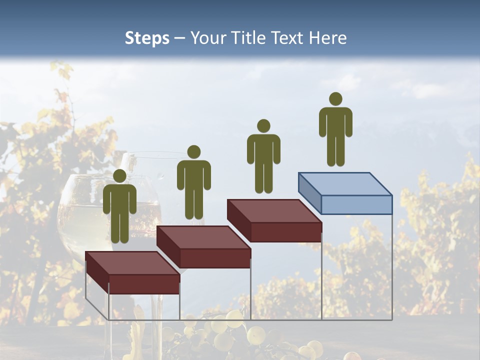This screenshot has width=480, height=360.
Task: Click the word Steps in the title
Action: point(147,38)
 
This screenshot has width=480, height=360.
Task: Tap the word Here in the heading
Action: point(326,38)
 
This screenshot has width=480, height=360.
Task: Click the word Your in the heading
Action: point(205,38)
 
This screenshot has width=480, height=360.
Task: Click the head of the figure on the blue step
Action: point(335,99)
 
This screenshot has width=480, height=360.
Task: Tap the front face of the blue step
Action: point(356,204)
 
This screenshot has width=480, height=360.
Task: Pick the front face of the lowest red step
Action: point(144,284)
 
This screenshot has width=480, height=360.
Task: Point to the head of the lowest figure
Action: point(119,176)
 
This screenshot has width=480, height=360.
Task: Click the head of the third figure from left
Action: point(263,126)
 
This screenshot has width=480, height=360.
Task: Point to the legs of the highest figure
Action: point(335,150)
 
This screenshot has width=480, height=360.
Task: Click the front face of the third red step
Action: point(286,232)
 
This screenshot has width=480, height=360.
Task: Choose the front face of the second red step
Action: point(215,258)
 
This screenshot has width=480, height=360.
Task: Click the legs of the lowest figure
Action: point(119,227)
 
